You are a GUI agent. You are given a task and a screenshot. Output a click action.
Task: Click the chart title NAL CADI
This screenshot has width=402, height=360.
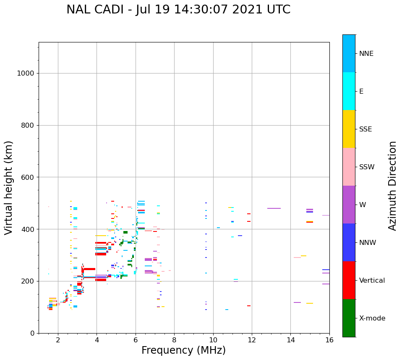(x=178, y=10)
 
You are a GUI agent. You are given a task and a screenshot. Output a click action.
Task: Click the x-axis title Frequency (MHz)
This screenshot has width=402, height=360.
(x=183, y=350)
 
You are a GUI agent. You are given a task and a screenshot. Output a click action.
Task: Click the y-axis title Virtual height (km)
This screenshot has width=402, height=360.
(x=9, y=187)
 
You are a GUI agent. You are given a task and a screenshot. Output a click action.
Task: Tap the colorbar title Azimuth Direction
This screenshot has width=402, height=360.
(x=392, y=186)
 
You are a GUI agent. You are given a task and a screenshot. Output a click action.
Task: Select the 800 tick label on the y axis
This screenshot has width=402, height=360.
(x=27, y=125)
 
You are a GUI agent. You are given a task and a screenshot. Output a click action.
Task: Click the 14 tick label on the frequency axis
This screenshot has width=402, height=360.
(x=291, y=340)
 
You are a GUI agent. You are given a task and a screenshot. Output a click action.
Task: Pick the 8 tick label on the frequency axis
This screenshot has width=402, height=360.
(x=174, y=340)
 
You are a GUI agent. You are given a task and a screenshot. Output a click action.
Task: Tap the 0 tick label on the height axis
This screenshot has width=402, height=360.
(x=32, y=333)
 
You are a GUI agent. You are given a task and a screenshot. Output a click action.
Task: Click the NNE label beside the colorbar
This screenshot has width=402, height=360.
(x=366, y=54)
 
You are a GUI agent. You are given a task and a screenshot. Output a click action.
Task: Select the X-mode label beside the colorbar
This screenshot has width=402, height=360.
(x=372, y=318)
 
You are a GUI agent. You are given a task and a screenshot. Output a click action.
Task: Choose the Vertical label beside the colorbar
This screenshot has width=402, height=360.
(x=372, y=281)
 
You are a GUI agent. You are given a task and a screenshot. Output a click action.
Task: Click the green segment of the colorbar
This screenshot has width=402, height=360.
(x=349, y=318)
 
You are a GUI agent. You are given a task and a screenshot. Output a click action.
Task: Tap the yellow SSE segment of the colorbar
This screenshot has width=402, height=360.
(x=349, y=129)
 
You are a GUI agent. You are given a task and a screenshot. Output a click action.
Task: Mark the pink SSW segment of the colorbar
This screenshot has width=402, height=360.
(x=349, y=167)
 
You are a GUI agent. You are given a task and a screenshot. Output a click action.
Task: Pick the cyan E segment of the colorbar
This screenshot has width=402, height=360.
(x=349, y=91)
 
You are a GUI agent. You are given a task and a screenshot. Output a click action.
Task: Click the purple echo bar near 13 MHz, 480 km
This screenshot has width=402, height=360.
(x=274, y=208)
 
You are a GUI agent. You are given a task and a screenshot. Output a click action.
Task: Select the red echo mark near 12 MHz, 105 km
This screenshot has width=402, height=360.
(x=249, y=306)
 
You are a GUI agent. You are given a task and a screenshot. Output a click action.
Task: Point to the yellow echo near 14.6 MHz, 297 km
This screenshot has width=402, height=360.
(x=303, y=256)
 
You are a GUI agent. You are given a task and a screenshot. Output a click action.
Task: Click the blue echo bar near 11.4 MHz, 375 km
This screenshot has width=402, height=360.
(x=240, y=236)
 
